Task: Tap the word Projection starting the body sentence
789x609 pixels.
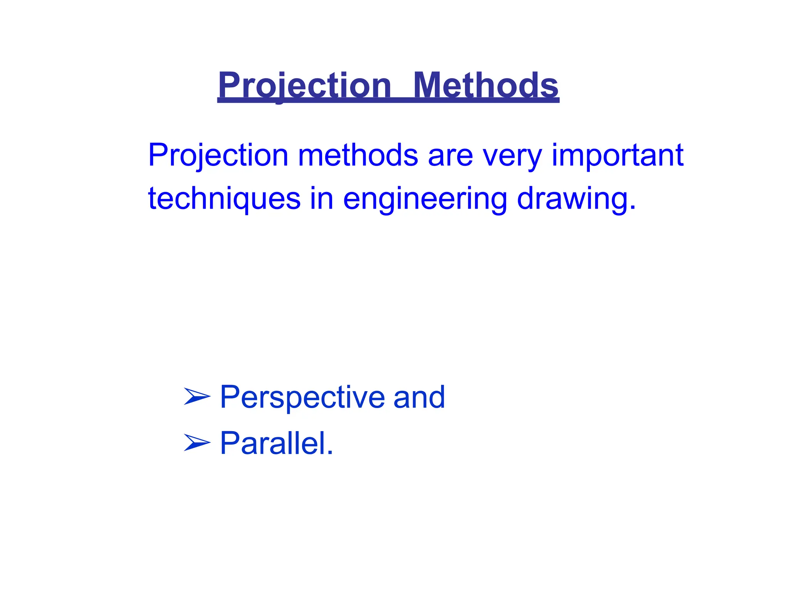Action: click(218, 156)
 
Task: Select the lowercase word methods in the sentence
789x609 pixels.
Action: click(358, 156)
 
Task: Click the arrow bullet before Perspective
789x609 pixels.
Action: click(197, 397)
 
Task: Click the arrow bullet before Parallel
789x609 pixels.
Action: click(197, 443)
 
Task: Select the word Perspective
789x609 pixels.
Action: click(302, 397)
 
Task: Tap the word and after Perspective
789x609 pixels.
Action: click(419, 397)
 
